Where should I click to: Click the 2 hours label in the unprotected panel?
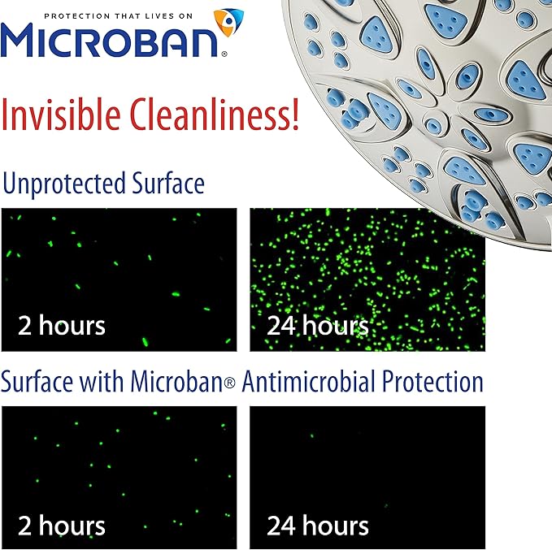(62, 327)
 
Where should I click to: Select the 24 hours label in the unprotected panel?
(318, 327)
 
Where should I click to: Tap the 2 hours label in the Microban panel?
(62, 525)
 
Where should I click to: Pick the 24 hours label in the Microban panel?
(318, 525)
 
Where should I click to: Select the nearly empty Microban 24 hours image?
(367, 463)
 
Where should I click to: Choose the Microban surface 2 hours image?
(120, 463)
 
